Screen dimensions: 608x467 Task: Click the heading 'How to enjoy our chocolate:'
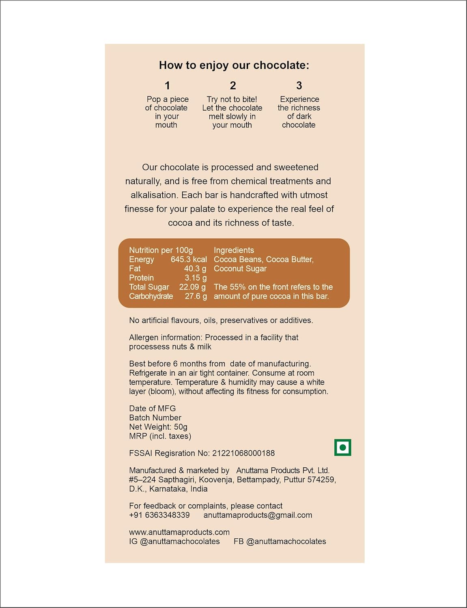pyautogui.click(x=234, y=65)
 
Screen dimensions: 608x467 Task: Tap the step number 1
pyautogui.click(x=167, y=86)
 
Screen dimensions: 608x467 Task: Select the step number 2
pyautogui.click(x=232, y=86)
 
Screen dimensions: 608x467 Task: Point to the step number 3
pyautogui.click(x=299, y=86)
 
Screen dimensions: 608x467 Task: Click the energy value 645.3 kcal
pyautogui.click(x=189, y=259)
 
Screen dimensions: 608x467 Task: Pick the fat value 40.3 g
pyautogui.click(x=195, y=269)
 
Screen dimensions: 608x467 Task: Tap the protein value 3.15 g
pyautogui.click(x=196, y=278)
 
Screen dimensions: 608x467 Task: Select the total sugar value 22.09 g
pyautogui.click(x=193, y=287)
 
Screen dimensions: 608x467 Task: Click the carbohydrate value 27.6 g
pyautogui.click(x=196, y=296)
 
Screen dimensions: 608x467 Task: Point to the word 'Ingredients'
pyautogui.click(x=234, y=250)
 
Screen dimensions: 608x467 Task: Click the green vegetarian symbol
pyautogui.click(x=342, y=447)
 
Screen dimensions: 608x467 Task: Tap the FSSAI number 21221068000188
pyautogui.click(x=243, y=453)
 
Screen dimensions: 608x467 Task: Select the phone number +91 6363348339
pyautogui.click(x=159, y=515)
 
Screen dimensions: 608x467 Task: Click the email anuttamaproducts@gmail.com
pyautogui.click(x=258, y=515)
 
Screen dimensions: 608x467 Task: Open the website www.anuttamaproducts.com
pyautogui.click(x=179, y=532)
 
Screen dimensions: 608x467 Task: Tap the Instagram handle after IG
pyautogui.click(x=180, y=542)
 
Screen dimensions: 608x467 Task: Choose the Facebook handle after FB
pyautogui.click(x=286, y=542)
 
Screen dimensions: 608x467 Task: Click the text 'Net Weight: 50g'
pyautogui.click(x=158, y=427)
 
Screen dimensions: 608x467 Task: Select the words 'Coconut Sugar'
pyautogui.click(x=240, y=269)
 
